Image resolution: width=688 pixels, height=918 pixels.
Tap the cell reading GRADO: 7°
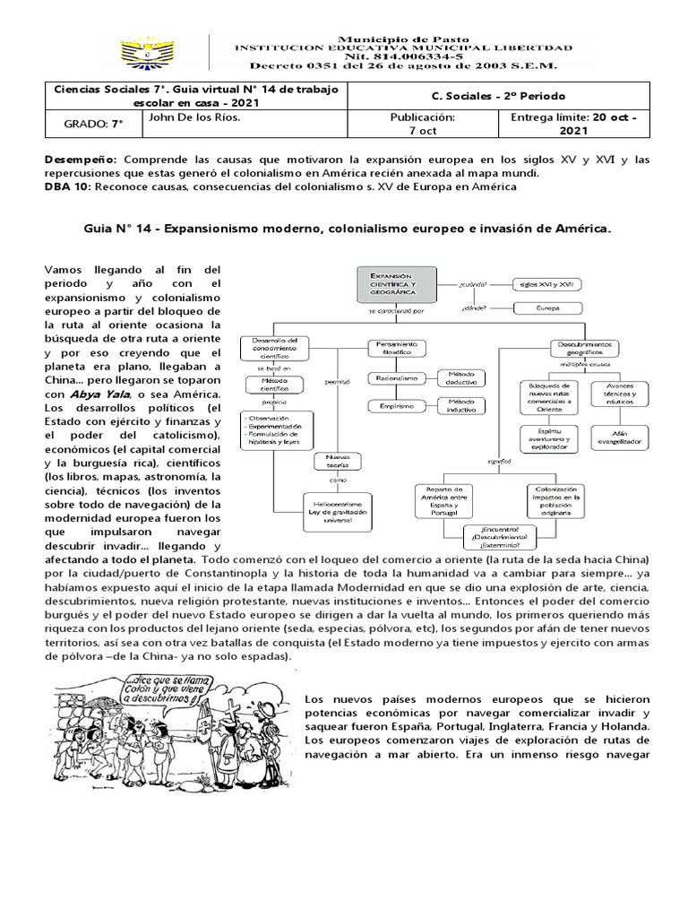[80, 124]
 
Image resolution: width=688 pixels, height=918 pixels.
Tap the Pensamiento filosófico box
[399, 347]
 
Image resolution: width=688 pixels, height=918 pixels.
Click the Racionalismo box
[398, 378]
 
